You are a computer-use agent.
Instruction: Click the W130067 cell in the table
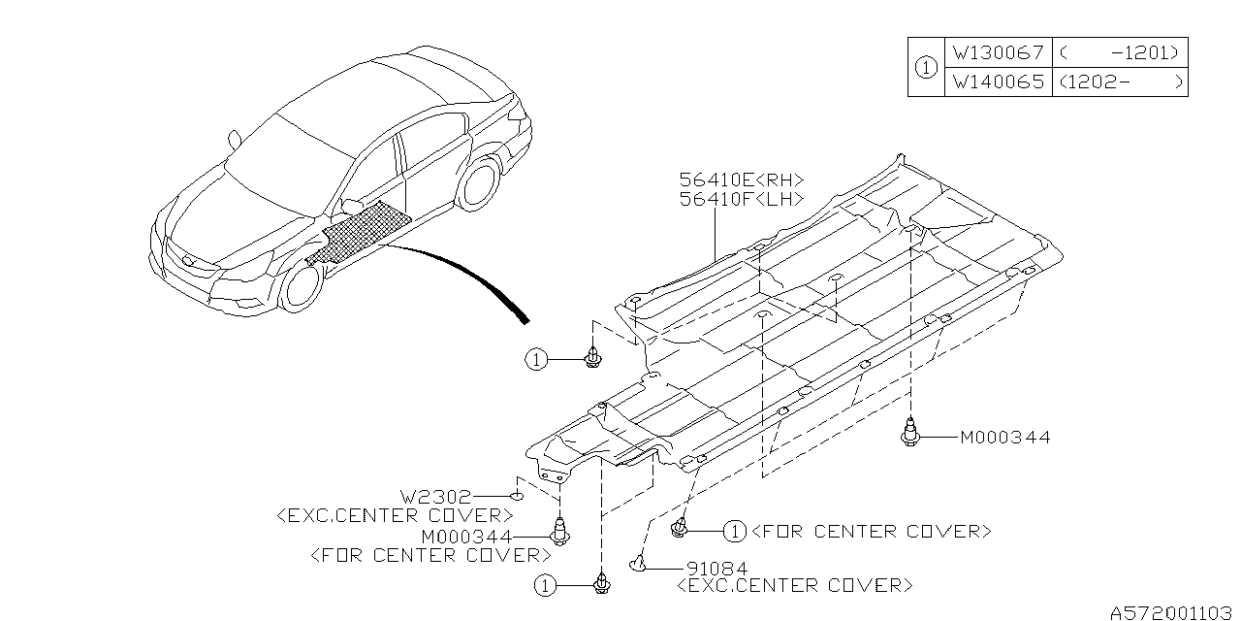998,53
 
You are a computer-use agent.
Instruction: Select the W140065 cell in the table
998,82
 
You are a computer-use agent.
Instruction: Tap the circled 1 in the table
926,68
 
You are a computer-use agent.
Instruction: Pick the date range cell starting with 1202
1120,82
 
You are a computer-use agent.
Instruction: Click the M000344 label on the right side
1004,439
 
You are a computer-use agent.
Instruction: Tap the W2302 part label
439,496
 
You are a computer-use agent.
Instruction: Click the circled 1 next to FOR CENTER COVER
735,531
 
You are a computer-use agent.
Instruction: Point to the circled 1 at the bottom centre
546,585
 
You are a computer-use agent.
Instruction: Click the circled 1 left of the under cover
536,360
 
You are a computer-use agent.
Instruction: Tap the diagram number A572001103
1172,611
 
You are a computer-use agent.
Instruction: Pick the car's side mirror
234,140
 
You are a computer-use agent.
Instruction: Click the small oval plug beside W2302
518,496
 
